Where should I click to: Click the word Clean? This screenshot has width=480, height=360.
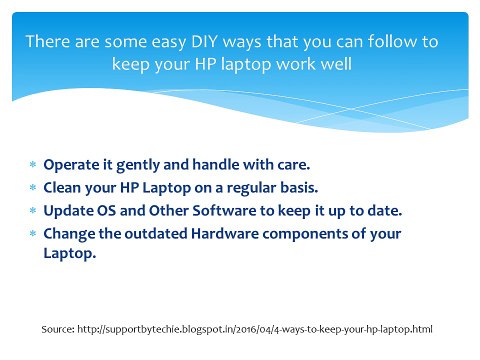click(62, 188)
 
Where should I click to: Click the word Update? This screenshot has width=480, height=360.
click(66, 210)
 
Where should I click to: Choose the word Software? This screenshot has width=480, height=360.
click(216, 210)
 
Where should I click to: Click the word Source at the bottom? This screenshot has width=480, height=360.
click(61, 328)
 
